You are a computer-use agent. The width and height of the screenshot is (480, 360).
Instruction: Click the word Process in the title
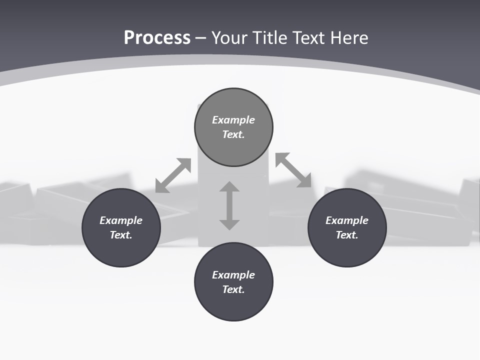point(157,38)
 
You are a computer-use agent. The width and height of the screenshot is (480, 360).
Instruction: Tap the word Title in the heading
point(271,38)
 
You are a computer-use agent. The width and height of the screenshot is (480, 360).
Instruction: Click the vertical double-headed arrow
point(229,205)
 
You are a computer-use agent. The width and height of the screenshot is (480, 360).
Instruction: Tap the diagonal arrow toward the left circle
point(173,175)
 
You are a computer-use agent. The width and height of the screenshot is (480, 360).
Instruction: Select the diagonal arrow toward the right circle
point(293,170)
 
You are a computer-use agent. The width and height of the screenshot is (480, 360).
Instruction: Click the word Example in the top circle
point(233,120)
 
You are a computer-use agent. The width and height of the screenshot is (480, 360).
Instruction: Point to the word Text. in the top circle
point(233,134)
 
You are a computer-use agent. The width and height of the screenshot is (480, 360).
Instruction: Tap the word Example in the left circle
point(121,220)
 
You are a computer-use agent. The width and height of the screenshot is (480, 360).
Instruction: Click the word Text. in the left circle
point(121,235)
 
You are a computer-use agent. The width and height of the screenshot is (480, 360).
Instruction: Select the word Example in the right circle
point(347,220)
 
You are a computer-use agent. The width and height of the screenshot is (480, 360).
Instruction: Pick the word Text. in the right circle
point(347,235)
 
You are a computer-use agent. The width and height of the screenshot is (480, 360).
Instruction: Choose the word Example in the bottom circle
point(233,275)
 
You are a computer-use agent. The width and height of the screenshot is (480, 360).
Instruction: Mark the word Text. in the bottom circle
point(233,289)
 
